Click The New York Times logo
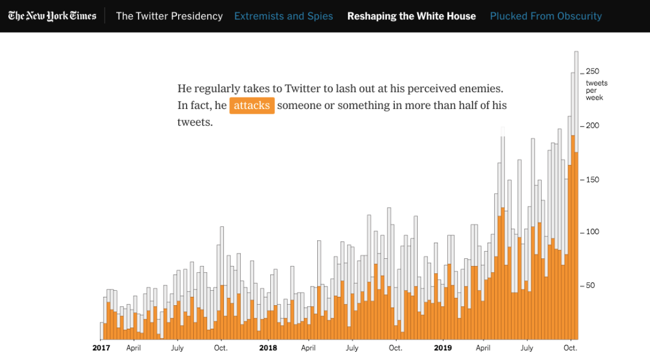[x=52, y=16]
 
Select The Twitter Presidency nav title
[x=169, y=16]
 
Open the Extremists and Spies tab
[x=283, y=16]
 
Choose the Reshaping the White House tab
[x=412, y=16]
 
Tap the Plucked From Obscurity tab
[x=546, y=16]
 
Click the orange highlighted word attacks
[x=252, y=105]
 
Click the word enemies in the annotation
[x=481, y=88]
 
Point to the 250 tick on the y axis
[x=592, y=72]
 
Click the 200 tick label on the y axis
[x=592, y=126]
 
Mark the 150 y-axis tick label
[x=592, y=180]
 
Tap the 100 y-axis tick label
[x=592, y=232]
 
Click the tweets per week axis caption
[x=596, y=90]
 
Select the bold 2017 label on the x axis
[x=101, y=348]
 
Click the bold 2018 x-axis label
[x=268, y=348]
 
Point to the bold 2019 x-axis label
[x=442, y=348]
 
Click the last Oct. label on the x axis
[x=570, y=348]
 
